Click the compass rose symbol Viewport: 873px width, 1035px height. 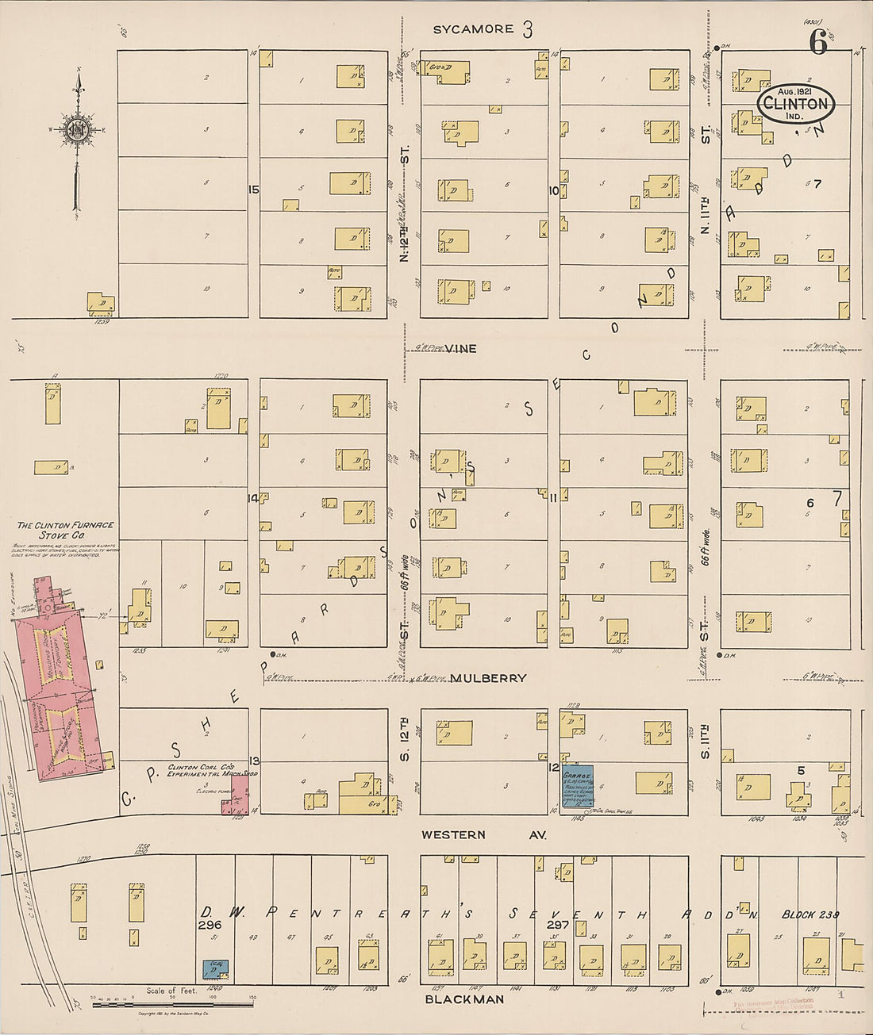tap(77, 130)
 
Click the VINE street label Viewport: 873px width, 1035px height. tap(460, 348)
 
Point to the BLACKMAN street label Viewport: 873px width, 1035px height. tap(464, 999)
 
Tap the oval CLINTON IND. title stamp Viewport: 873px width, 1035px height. tap(795, 104)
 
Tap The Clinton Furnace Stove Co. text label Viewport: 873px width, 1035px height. tap(66, 530)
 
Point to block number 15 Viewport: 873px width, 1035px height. tap(253, 190)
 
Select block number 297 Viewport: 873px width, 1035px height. tap(558, 925)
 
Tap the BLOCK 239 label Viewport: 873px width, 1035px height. tap(810, 914)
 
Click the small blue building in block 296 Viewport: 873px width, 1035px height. tap(215, 968)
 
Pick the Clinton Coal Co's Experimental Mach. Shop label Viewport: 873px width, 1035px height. tap(211, 771)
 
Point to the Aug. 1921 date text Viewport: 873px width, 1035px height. tap(794, 91)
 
